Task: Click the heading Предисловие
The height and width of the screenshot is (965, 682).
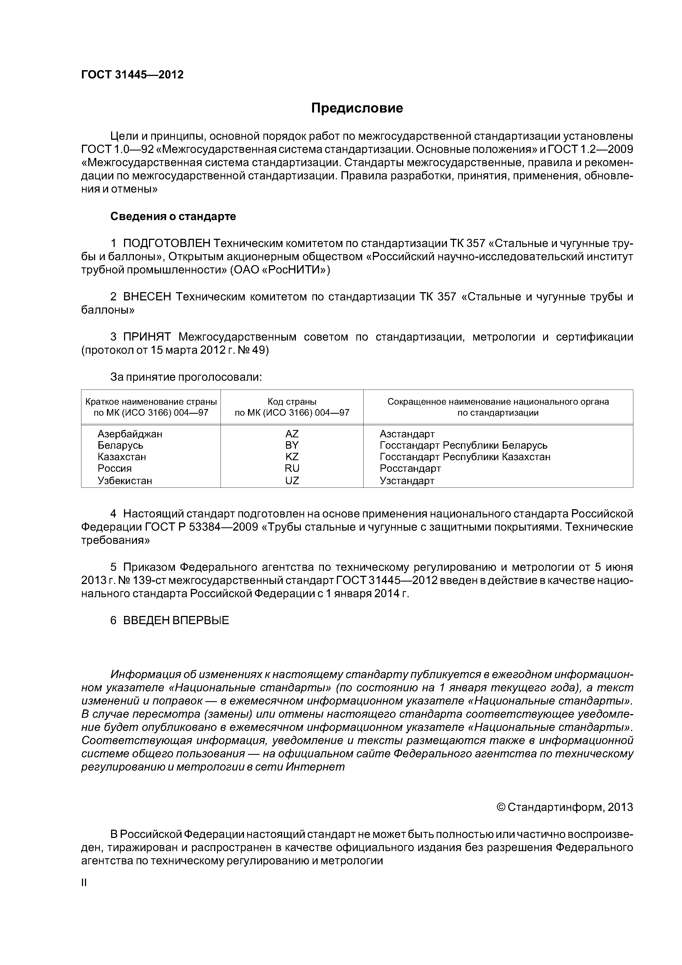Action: click(x=357, y=108)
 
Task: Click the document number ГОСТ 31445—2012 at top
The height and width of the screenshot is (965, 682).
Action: click(x=132, y=75)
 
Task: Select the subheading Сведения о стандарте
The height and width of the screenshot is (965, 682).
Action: click(x=173, y=216)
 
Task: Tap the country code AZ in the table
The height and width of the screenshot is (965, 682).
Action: click(x=292, y=434)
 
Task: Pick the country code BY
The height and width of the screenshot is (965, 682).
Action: click(x=292, y=445)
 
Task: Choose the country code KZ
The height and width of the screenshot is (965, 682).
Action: click(x=292, y=457)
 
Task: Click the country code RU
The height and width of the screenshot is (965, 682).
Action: click(x=292, y=468)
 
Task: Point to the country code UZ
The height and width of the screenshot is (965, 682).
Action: click(x=292, y=480)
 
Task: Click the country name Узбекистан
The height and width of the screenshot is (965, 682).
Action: click(x=125, y=480)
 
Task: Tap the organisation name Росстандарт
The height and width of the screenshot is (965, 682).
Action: click(x=410, y=468)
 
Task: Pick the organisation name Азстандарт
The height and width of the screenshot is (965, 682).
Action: click(x=407, y=434)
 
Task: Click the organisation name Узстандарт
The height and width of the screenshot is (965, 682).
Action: click(x=407, y=480)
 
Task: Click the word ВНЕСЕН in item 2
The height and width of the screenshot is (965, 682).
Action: click(x=147, y=297)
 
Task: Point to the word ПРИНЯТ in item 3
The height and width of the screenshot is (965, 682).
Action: click(x=147, y=337)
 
